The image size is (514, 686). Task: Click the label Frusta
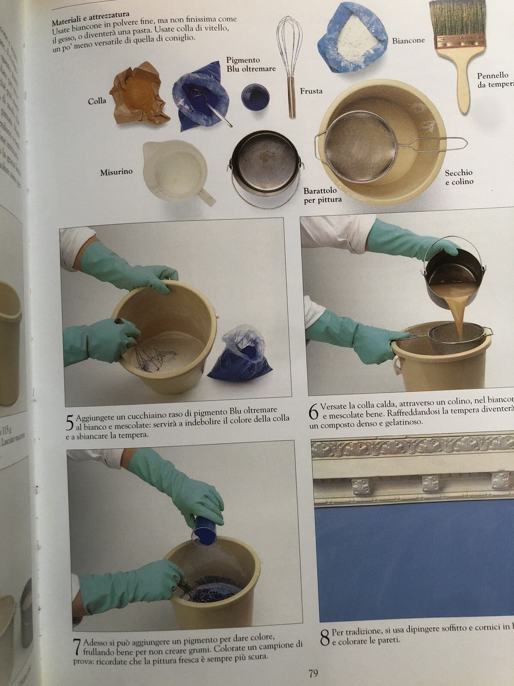(311, 91)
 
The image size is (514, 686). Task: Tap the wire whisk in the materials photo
(288, 56)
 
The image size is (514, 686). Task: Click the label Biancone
(408, 40)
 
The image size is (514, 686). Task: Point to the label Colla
(97, 102)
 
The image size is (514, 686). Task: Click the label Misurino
(116, 172)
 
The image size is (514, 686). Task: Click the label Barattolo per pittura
(320, 195)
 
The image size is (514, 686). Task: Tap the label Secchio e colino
(459, 177)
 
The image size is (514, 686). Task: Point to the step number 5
(69, 423)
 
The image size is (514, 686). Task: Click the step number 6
(314, 412)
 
